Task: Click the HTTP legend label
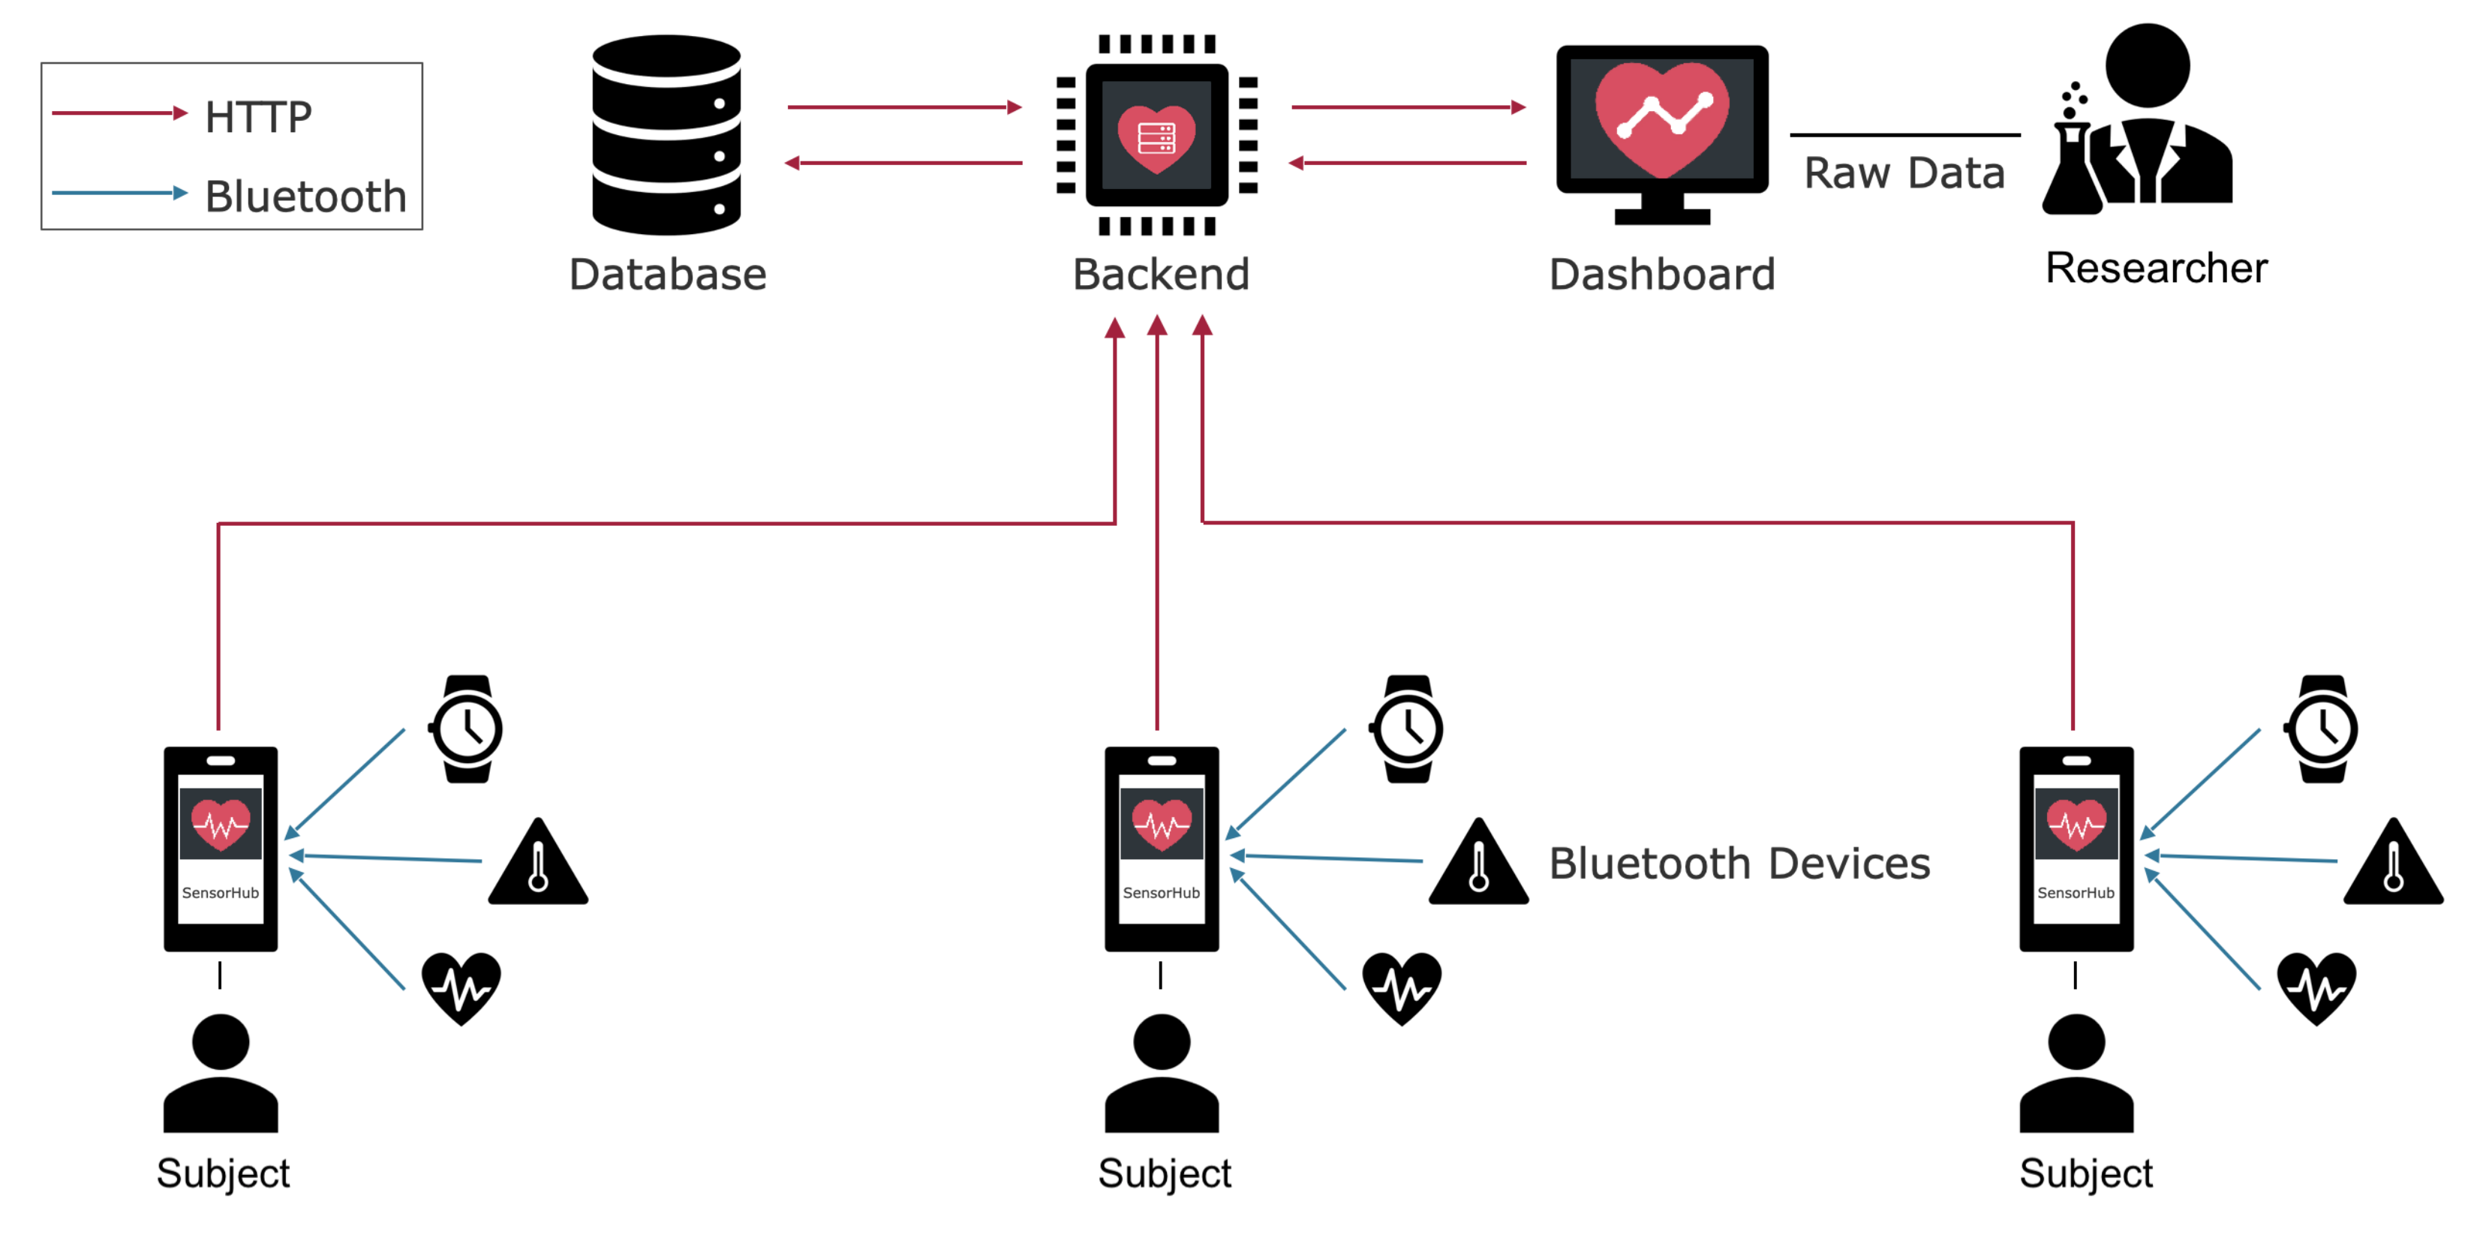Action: (258, 116)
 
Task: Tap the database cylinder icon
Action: (666, 135)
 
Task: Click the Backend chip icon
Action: (1157, 135)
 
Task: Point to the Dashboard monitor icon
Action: (1663, 135)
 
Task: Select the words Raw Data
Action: (1904, 173)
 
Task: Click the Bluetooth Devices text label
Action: (1739, 864)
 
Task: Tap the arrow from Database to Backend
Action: (905, 107)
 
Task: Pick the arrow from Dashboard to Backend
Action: (1408, 163)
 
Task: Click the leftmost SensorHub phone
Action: (221, 849)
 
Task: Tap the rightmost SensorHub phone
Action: (2076, 849)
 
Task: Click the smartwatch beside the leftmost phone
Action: (467, 729)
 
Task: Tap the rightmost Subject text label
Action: (2085, 1173)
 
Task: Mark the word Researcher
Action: (2157, 268)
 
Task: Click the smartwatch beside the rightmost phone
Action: (2322, 729)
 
